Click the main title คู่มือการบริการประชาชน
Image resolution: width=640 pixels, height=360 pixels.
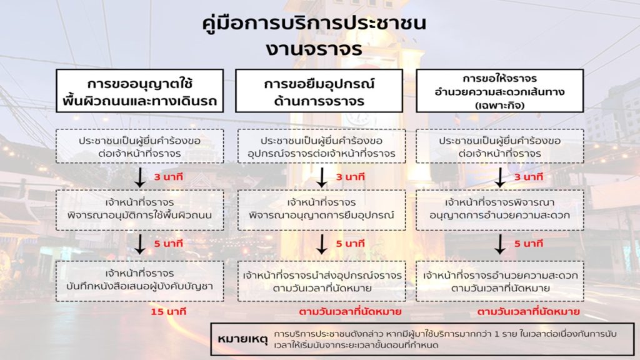(x=314, y=23)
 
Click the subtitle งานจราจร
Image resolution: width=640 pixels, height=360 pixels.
(x=314, y=49)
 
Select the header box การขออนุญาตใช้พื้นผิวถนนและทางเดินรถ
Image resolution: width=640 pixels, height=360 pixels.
(x=139, y=91)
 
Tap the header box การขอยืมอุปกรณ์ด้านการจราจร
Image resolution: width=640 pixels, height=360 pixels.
(x=319, y=91)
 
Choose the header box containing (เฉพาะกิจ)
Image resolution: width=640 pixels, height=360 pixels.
(x=499, y=91)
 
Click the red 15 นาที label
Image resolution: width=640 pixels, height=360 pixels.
(x=169, y=312)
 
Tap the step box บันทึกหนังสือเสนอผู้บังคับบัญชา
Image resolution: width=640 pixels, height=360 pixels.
(x=139, y=281)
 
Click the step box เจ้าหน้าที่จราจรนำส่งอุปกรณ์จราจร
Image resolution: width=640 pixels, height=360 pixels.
(x=322, y=281)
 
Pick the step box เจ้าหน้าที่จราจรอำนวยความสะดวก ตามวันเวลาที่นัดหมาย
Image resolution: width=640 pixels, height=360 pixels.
(x=500, y=281)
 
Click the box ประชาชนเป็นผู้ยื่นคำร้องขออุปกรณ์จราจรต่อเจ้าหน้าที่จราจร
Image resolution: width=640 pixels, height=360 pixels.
(x=322, y=146)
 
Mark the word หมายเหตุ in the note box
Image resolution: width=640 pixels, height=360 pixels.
(x=243, y=339)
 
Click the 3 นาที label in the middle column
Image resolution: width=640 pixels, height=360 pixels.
(x=350, y=177)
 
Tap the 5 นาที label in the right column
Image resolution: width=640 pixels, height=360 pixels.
(x=529, y=244)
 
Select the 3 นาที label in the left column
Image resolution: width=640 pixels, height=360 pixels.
(x=169, y=177)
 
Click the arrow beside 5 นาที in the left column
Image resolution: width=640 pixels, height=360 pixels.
(x=140, y=244)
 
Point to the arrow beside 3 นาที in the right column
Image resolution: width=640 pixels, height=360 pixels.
(x=500, y=177)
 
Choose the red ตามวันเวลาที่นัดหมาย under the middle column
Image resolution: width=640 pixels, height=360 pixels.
(x=350, y=312)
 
